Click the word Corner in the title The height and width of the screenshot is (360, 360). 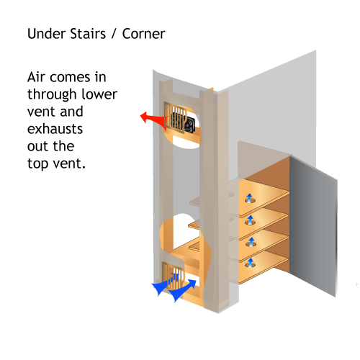(x=144, y=34)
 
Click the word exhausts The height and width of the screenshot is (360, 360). (x=55, y=129)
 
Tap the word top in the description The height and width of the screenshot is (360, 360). (x=37, y=164)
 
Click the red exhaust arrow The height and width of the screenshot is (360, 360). (x=153, y=119)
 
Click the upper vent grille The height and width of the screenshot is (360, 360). (x=175, y=117)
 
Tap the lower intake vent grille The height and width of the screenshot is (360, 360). (x=173, y=276)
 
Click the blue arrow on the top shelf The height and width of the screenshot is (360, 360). (x=250, y=198)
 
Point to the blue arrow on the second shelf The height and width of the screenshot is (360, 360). (x=250, y=220)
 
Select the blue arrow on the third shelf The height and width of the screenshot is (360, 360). (x=251, y=242)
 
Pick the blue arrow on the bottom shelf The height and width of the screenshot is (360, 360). (x=250, y=263)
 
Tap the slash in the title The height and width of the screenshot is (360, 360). (x=114, y=34)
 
